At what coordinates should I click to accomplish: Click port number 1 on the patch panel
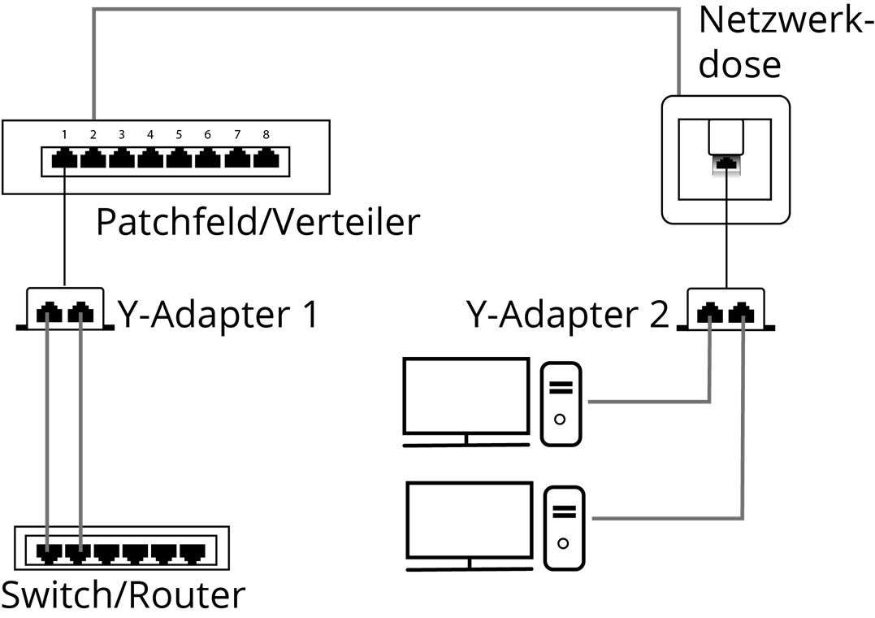[x=64, y=160]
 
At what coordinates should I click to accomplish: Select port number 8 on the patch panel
[x=265, y=160]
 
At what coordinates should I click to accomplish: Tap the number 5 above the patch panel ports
[x=179, y=134]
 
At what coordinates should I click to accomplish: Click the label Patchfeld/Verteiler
[x=258, y=222]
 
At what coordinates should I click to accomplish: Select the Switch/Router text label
[x=122, y=595]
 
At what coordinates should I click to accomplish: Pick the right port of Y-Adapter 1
[x=80, y=312]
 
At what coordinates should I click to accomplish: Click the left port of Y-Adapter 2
[x=712, y=312]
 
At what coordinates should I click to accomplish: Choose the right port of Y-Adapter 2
[x=741, y=312]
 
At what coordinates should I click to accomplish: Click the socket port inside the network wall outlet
[x=726, y=164]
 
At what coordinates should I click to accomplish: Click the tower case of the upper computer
[x=561, y=403]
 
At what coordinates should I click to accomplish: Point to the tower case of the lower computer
[x=564, y=527]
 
